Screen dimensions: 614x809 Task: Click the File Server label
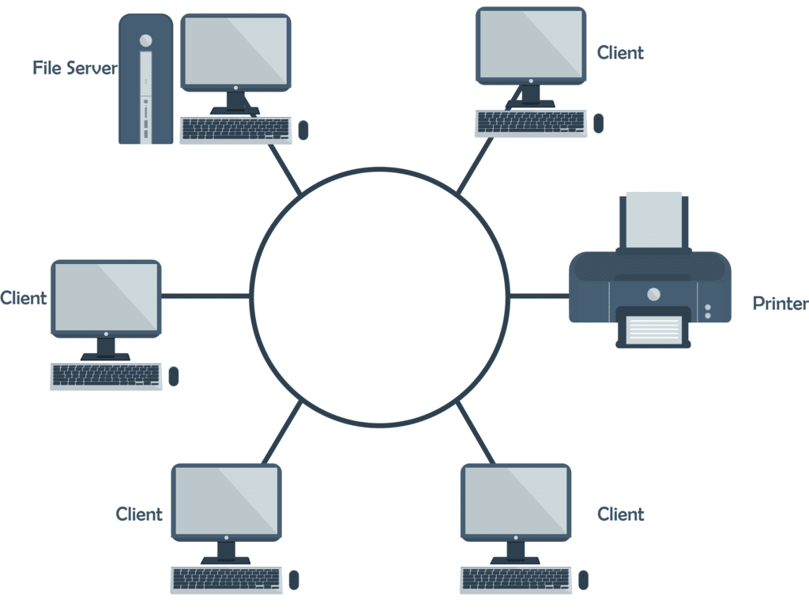pos(74,68)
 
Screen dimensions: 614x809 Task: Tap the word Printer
pos(780,303)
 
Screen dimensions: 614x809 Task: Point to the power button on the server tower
pos(145,39)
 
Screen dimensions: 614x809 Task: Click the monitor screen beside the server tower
pos(235,51)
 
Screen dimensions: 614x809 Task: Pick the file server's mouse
pos(303,130)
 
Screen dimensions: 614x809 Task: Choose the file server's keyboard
pos(236,130)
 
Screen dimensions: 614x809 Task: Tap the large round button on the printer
pos(653,294)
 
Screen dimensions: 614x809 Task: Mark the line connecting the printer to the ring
pos(539,296)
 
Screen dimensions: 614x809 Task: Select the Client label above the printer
pos(620,53)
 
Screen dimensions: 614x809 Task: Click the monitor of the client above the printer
pos(531,45)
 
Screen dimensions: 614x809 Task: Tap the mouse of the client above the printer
pos(598,122)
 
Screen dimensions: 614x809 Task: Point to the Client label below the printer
pos(620,514)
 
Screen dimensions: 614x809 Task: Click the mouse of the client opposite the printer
pos(174,376)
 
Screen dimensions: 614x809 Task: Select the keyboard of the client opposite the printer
pos(106,376)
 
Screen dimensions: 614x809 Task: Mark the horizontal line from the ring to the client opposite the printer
pos(206,296)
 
